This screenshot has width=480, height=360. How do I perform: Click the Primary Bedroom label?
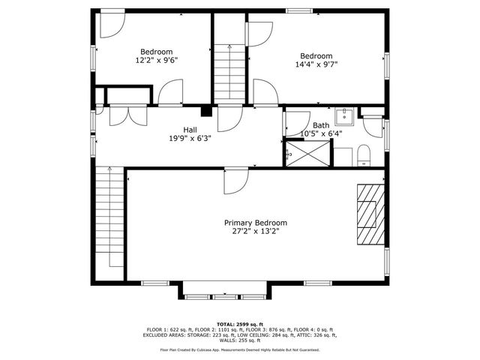(x=256, y=223)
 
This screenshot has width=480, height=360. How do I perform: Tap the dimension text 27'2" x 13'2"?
(x=256, y=232)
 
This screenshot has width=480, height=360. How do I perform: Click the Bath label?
(x=321, y=125)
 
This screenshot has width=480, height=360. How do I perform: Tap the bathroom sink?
(x=346, y=115)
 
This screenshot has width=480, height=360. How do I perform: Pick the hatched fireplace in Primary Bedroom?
(x=367, y=213)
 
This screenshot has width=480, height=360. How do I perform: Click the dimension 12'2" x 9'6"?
(x=156, y=60)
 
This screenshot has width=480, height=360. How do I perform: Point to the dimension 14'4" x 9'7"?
(x=316, y=64)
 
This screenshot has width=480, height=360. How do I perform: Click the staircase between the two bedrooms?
(x=230, y=71)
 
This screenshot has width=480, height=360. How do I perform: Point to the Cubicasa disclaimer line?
(x=239, y=349)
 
